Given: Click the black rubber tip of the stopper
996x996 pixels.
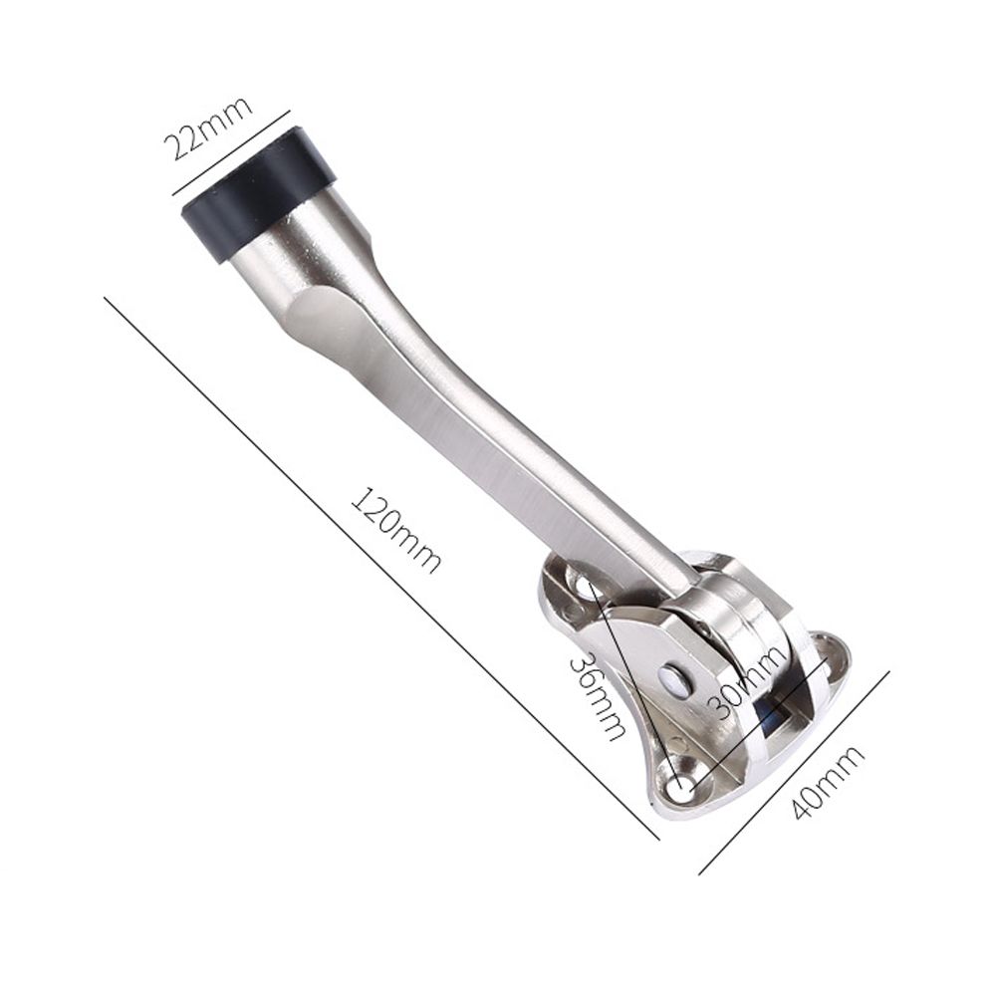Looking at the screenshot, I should tap(257, 194).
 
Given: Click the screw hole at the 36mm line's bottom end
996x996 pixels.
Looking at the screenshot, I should tap(681, 788).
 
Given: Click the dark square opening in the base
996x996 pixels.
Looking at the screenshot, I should tap(770, 718).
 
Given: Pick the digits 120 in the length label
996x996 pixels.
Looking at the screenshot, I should tap(376, 509).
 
